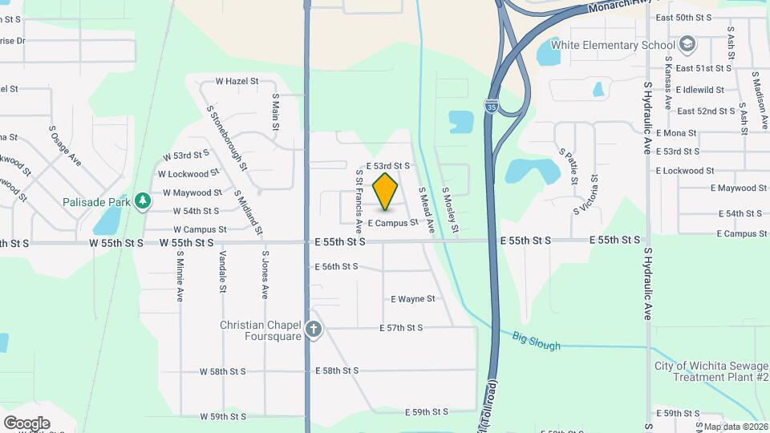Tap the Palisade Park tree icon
(x=143, y=200)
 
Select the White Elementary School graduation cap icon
(x=687, y=44)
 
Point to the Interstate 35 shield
(x=491, y=104)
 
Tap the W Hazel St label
(x=237, y=81)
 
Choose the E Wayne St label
(x=412, y=299)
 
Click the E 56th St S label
(x=336, y=266)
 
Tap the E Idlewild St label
(x=699, y=90)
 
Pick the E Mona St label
(x=675, y=133)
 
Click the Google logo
(x=26, y=423)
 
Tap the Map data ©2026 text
(x=736, y=427)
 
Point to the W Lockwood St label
(x=188, y=173)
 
